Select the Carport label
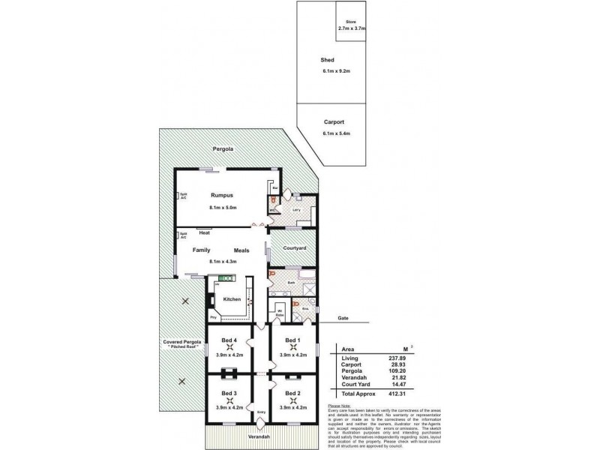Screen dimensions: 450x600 [x=334, y=121]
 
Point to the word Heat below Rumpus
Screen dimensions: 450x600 [x=204, y=234]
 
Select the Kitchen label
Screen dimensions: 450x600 [x=232, y=299]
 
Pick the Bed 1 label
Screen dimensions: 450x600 [x=292, y=340]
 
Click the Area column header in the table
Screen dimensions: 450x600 [x=347, y=349]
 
